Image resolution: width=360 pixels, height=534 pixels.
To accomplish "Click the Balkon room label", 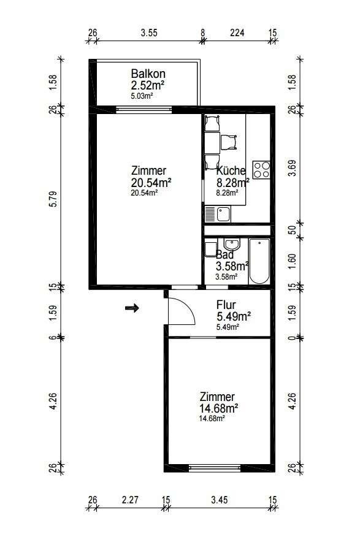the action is click(x=148, y=74).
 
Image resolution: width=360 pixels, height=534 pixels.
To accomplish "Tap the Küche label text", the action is click(x=231, y=170).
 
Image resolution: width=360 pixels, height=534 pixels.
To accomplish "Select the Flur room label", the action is click(x=226, y=305).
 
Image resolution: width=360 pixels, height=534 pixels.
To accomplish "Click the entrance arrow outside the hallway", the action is click(x=132, y=308).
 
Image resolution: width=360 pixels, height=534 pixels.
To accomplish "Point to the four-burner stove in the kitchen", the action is click(x=261, y=170).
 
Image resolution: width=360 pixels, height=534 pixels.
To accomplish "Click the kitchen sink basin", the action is click(x=224, y=214).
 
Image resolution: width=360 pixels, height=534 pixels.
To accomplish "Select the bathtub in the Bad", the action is click(x=259, y=261).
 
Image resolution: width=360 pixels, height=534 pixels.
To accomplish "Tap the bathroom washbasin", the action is click(x=232, y=244).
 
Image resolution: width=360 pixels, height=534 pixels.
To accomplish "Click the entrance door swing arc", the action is click(x=186, y=307).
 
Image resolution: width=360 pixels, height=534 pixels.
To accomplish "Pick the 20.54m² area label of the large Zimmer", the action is click(x=151, y=183).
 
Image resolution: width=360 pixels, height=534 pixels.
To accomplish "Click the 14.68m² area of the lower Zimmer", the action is click(x=219, y=408).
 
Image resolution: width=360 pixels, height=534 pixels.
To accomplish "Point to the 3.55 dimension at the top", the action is click(x=149, y=33).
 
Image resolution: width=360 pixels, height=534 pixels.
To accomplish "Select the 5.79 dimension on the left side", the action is click(x=53, y=199).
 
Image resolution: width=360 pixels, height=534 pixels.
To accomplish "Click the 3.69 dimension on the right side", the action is click(x=292, y=168).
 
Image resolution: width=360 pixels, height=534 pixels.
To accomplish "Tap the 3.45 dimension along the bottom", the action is click(x=220, y=500).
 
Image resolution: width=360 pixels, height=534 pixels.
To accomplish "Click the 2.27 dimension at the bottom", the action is click(x=130, y=500).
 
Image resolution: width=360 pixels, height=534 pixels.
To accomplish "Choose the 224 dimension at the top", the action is click(x=237, y=33).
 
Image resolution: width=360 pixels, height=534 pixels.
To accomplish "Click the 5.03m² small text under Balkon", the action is click(x=141, y=96).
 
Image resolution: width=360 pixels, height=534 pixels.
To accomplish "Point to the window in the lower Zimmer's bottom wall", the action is click(x=215, y=468).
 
